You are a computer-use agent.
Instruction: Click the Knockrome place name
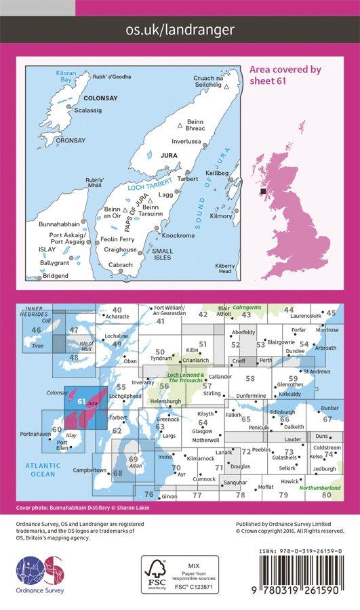click(181, 235)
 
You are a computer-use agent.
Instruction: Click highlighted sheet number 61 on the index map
click(81, 401)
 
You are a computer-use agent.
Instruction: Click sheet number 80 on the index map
click(327, 495)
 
